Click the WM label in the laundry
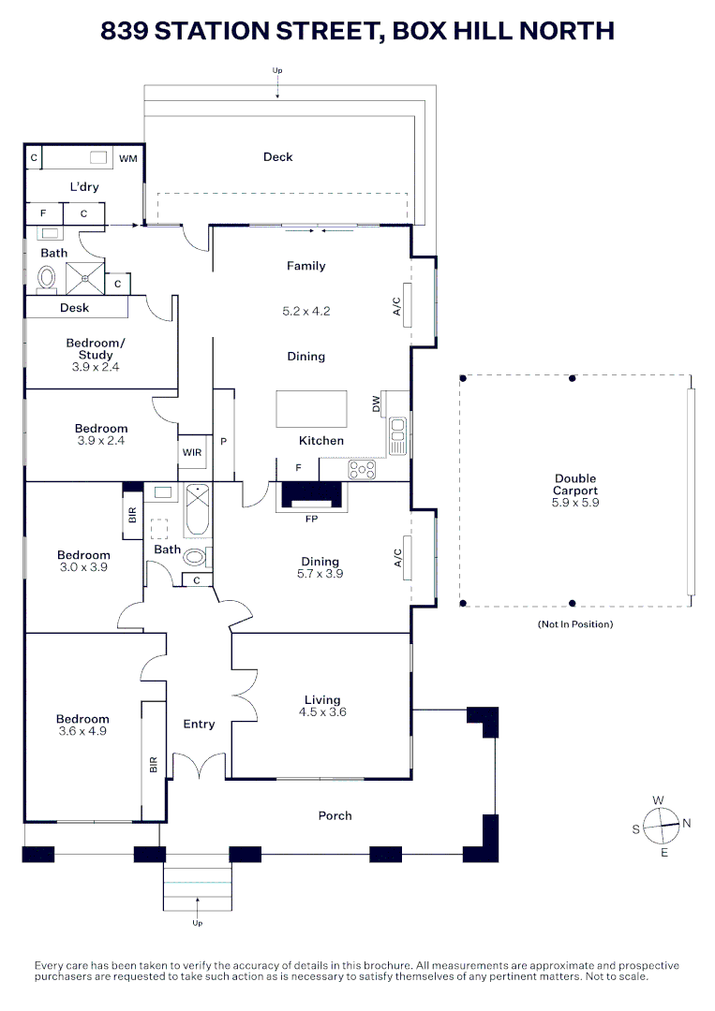[127, 158]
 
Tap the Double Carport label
[574, 485]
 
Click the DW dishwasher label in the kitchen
[377, 404]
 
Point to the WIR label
[191, 451]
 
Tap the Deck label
[277, 157]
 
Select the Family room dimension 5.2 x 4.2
[305, 311]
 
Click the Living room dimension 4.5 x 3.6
[321, 711]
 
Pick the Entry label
[199, 724]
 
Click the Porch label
[335, 815]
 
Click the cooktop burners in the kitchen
[362, 468]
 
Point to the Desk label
[74, 308]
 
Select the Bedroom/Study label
[95, 349]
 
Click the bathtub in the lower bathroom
[198, 510]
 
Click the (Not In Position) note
[574, 623]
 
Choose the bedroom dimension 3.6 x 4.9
[82, 731]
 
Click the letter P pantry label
[224, 441]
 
